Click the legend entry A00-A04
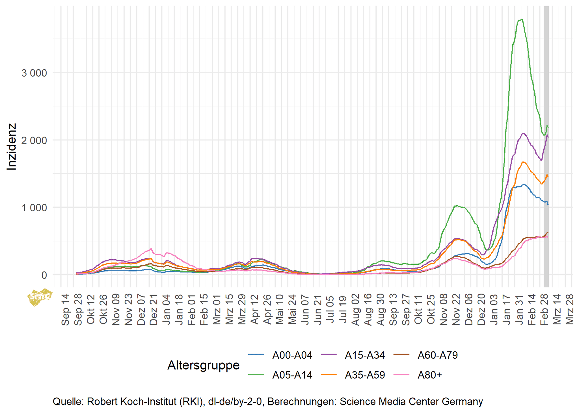coord(292,355)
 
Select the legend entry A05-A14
coord(292,375)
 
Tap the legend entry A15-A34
coord(365,355)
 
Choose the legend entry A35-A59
coord(365,375)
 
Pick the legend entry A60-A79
coord(437,355)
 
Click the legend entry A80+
coord(429,375)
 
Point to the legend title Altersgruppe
coord(203,365)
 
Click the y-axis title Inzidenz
coord(12,147)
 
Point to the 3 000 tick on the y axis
coord(34,73)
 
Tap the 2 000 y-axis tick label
coord(34,140)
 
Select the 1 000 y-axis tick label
coord(34,208)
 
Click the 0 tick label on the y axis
coord(44,275)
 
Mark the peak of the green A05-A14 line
coord(522,19)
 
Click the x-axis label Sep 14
coord(65,310)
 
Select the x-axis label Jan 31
coord(519,310)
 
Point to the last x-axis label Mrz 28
coord(569,310)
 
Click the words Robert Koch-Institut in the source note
coord(131,401)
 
